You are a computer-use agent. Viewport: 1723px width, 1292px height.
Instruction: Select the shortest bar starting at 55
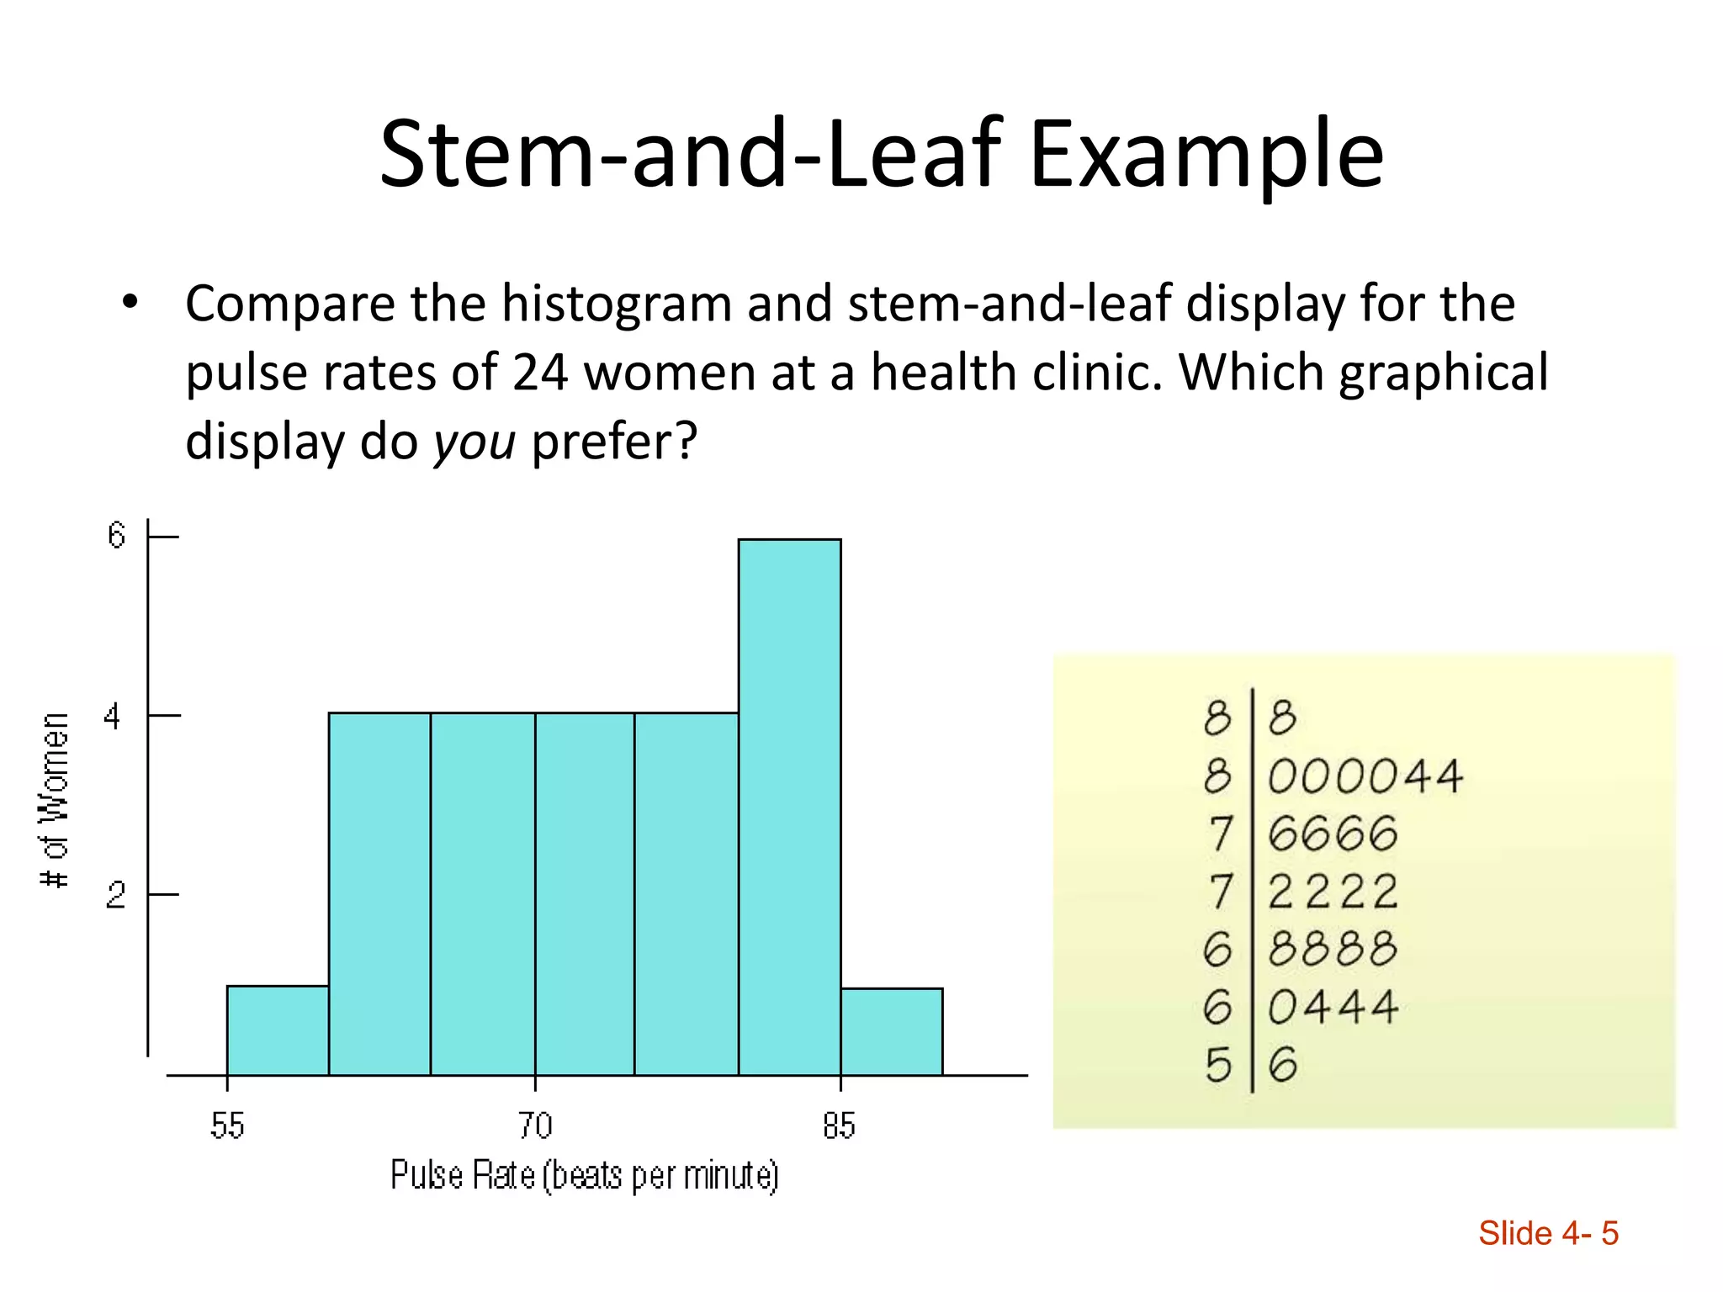pos(278,1030)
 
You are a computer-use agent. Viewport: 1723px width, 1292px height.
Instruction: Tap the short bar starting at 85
pos(891,1031)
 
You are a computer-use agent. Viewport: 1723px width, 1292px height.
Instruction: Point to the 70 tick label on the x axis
pos(535,1125)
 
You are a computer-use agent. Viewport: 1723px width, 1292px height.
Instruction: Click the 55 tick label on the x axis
pos(227,1125)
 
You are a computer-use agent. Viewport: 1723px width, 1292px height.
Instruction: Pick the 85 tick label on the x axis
pos(839,1125)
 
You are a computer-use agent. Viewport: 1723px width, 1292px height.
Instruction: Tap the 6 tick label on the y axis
pos(116,536)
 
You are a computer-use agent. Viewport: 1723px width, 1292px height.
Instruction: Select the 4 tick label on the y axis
pos(113,717)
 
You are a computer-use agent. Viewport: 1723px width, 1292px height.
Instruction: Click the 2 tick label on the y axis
pos(115,895)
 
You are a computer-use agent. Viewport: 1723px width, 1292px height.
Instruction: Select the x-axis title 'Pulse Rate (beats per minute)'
pos(585,1176)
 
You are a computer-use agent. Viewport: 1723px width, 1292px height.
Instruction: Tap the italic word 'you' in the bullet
pos(474,441)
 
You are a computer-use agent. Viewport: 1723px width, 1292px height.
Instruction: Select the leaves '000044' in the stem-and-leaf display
pos(1365,776)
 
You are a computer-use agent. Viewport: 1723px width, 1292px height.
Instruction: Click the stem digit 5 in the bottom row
pos(1217,1066)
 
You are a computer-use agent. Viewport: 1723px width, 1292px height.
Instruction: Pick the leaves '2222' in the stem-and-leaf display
pos(1333,892)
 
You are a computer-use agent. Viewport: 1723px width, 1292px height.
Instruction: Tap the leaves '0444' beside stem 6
pos(1333,1007)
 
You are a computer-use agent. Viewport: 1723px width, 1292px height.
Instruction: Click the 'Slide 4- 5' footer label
pos(1548,1233)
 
